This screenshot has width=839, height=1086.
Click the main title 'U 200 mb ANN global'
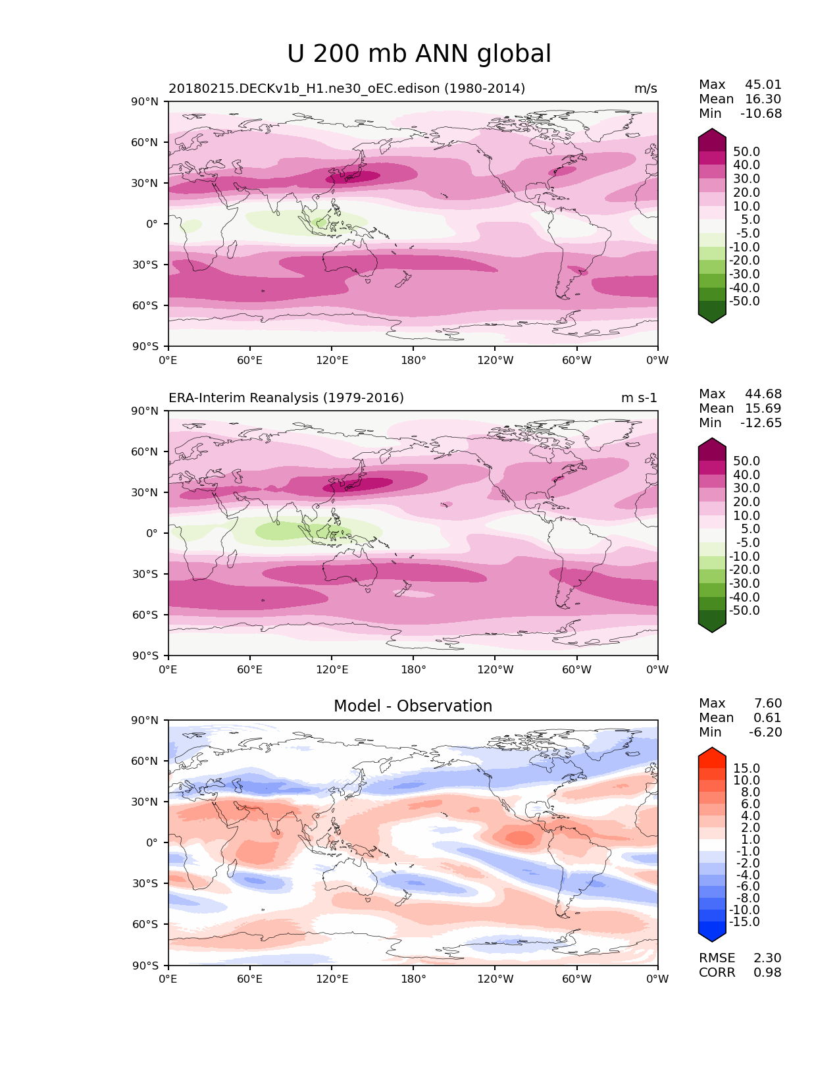(x=419, y=54)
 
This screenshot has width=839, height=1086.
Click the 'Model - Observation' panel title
(x=413, y=706)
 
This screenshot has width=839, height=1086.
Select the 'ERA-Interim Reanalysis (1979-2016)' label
(x=286, y=398)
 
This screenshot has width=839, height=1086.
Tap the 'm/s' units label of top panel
(x=646, y=89)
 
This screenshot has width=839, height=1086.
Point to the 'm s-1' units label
(x=639, y=398)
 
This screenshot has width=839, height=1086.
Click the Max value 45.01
(x=763, y=85)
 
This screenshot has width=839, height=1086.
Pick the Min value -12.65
(x=761, y=423)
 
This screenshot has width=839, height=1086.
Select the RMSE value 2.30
(x=767, y=958)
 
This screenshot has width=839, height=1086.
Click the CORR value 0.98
(x=767, y=973)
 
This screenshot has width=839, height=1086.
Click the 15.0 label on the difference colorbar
(x=746, y=769)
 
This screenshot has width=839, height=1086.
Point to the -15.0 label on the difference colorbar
(x=744, y=922)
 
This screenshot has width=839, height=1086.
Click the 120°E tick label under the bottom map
(x=332, y=979)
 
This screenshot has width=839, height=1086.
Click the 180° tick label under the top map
(x=413, y=360)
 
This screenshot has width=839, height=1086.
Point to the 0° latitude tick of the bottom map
(x=152, y=842)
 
